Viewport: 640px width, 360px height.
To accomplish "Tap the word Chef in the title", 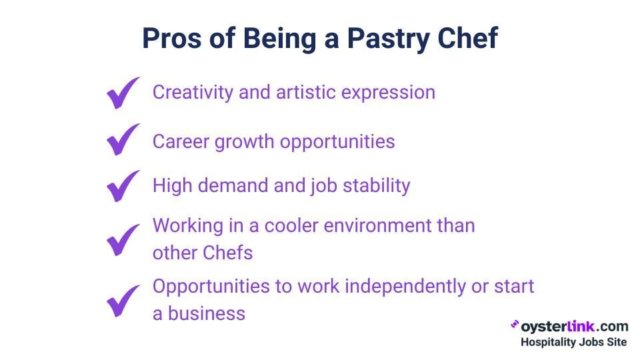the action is click(468, 38).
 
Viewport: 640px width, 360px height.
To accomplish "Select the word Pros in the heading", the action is click(172, 39).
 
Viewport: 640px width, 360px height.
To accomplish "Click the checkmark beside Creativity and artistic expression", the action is click(123, 93).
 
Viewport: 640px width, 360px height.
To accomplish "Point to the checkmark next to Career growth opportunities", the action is click(123, 139).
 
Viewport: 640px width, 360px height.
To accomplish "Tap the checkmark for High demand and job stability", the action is click(123, 186).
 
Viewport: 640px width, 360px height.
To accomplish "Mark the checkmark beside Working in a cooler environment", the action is click(123, 240).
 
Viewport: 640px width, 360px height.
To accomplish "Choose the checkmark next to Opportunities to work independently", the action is click(123, 301).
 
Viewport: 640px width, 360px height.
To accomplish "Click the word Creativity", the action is click(193, 93).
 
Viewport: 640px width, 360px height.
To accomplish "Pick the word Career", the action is click(181, 141).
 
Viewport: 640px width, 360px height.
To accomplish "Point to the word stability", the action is click(376, 186).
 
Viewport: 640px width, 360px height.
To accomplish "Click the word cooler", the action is click(291, 226).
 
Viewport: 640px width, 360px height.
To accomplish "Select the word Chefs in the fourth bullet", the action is click(228, 253).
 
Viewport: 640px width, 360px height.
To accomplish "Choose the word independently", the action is click(405, 287).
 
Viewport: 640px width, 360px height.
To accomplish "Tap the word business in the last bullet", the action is click(207, 314).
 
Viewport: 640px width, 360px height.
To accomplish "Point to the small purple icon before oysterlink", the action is click(515, 325).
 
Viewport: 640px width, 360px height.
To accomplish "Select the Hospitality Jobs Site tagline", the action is click(573, 342).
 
